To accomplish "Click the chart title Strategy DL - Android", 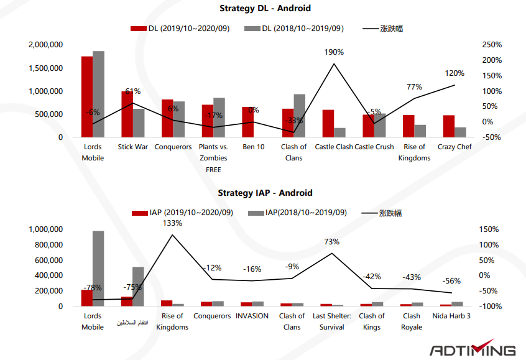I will tap(264, 9).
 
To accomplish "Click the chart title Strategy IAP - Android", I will tap(265, 193).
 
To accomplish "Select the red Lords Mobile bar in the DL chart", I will tap(87, 96).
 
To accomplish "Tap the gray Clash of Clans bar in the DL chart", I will tap(300, 116).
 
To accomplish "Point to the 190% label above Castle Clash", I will tap(334, 52).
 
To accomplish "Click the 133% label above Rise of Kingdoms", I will tap(172, 223).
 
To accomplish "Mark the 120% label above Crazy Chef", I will tap(454, 73).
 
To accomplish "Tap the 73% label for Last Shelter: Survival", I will tap(331, 242).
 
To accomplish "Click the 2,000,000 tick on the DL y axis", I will tap(45, 45).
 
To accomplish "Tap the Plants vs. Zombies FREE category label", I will tap(213, 158).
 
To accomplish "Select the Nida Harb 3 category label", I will tap(452, 316).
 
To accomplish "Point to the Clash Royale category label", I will tap(412, 321).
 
